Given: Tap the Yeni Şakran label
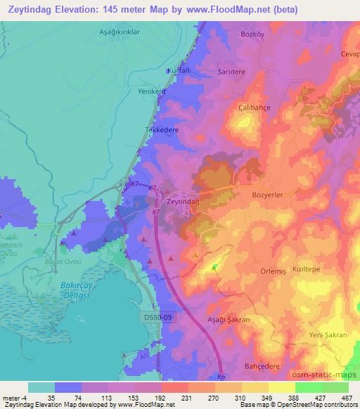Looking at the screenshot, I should click(328, 335).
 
